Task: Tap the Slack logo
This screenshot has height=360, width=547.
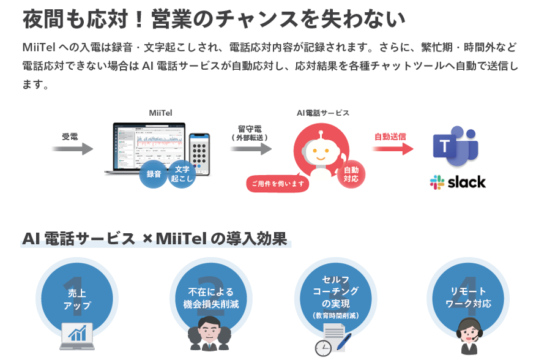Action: [458, 182]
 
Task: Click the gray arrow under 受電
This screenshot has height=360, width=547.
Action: [73, 149]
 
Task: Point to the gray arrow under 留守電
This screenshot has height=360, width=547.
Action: [251, 149]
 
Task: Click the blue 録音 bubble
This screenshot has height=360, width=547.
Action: [154, 174]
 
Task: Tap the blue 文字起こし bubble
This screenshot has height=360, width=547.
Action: [182, 174]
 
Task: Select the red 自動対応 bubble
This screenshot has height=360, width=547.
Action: [351, 174]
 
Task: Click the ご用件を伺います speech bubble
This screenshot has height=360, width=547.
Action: [278, 183]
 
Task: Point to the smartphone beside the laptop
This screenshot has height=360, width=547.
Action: [199, 154]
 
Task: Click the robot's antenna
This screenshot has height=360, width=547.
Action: [321, 135]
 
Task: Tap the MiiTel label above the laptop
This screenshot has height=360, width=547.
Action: [160, 113]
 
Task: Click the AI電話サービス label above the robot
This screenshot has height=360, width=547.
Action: [322, 113]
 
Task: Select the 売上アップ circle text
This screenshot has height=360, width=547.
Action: [77, 299]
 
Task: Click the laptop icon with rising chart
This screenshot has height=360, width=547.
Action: [77, 336]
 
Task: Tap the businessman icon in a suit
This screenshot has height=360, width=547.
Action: [209, 334]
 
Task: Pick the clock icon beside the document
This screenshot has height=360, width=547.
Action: [323, 348]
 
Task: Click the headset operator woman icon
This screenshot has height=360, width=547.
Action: [469, 336]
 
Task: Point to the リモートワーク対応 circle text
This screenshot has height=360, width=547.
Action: [468, 298]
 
